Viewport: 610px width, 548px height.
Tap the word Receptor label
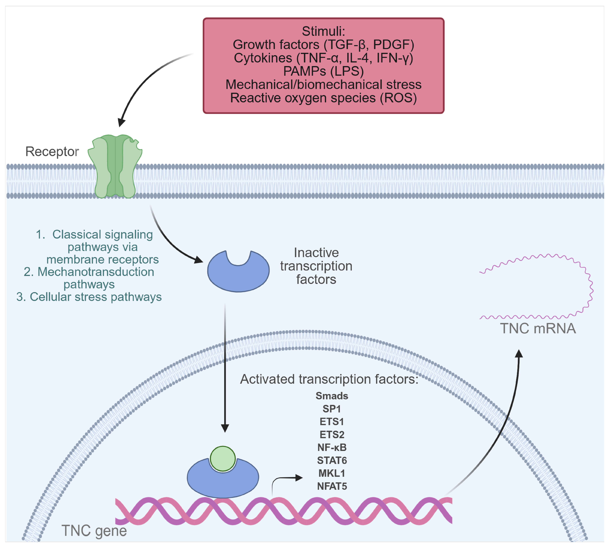(52, 151)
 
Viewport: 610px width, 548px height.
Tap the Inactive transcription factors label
(316, 266)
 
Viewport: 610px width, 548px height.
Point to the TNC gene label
(94, 531)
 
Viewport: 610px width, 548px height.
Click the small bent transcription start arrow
(286, 479)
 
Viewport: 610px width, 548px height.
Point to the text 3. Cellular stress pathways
(89, 297)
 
